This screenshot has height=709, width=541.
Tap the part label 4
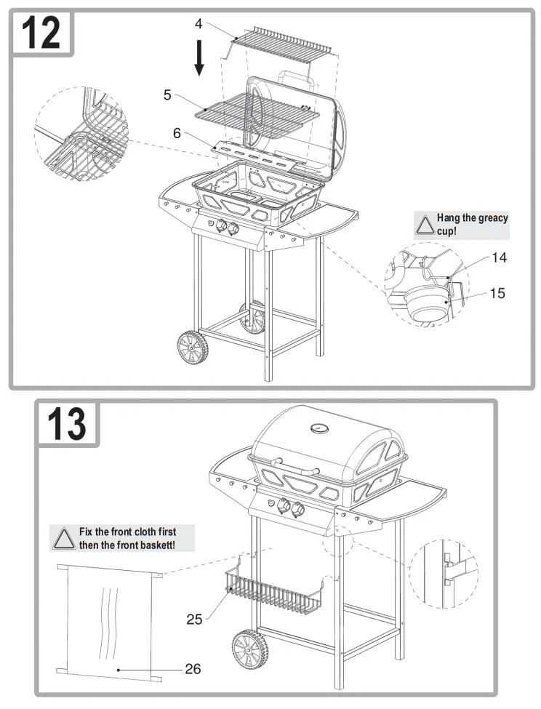point(199,23)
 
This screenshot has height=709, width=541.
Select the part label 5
point(167,95)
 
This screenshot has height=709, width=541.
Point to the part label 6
point(177,132)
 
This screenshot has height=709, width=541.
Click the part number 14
point(498,257)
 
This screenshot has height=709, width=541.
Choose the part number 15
point(497,293)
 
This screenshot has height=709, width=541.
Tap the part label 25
point(194,619)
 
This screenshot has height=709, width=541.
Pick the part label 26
point(193,668)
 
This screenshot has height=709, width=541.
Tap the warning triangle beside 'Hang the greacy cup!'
point(424,225)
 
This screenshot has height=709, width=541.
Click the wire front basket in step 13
point(276,590)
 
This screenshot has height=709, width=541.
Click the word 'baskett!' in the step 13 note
point(155,545)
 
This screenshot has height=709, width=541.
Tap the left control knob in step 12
point(217,226)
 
